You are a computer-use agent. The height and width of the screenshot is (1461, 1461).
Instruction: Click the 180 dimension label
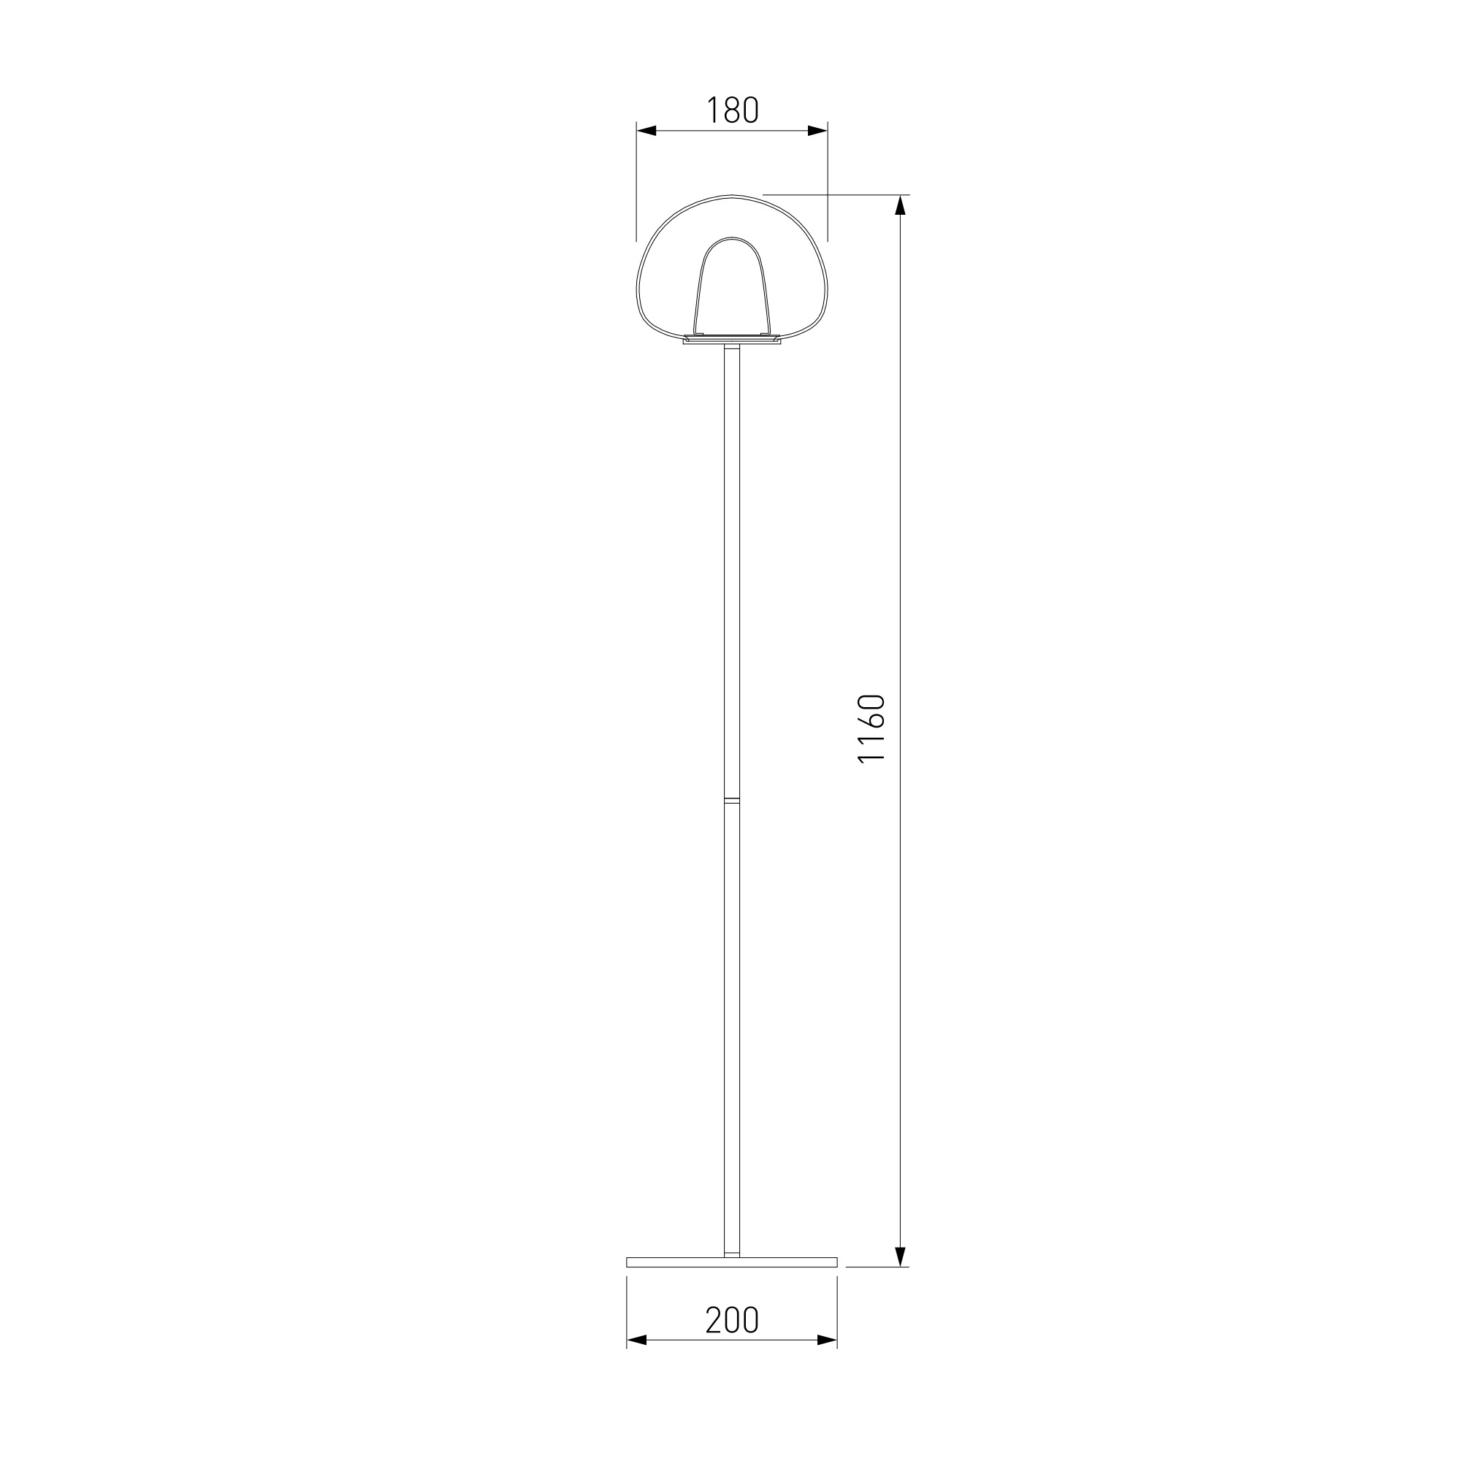tap(732, 110)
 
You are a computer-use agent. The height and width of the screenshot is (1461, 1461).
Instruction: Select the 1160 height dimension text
tap(871, 728)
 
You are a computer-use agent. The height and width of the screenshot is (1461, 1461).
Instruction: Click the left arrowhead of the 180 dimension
tap(646, 131)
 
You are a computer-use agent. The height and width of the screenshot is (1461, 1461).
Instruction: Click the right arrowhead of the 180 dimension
tap(817, 131)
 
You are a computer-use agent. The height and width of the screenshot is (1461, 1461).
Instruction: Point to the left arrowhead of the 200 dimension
tap(637, 1361)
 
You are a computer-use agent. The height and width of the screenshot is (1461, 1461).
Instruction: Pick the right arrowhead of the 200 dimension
tap(828, 1361)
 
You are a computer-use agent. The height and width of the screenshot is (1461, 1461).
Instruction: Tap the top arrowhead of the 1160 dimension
tap(900, 205)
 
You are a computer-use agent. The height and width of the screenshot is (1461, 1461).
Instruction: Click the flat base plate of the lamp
tap(731, 1262)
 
